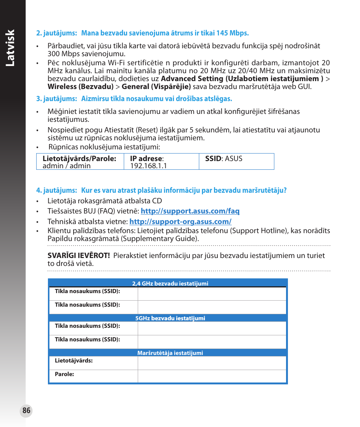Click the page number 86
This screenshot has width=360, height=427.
coord(26,411)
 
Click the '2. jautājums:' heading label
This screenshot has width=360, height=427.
coord(56,33)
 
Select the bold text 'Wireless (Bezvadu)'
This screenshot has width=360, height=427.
coord(80,87)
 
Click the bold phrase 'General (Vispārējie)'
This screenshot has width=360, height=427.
coord(156,87)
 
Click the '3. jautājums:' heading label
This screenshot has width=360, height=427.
coord(56,99)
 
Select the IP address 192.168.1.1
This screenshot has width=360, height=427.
coord(148,166)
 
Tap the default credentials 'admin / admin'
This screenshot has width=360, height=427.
coord(66,166)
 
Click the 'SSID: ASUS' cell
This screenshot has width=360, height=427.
coord(223,158)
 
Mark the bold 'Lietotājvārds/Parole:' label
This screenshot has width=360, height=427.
coord(79,158)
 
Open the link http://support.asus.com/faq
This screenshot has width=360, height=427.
coord(190,211)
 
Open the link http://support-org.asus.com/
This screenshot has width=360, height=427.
coord(180,222)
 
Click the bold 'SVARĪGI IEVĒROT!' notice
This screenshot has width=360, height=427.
coord(78,256)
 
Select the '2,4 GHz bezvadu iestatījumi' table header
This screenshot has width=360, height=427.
coord(170,284)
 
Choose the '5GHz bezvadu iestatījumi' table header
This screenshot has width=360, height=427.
coord(170,318)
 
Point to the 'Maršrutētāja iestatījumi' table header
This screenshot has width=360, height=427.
coord(170,353)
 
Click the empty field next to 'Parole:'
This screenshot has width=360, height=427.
coord(211,376)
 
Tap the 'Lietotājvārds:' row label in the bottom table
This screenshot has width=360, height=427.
coord(74,361)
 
